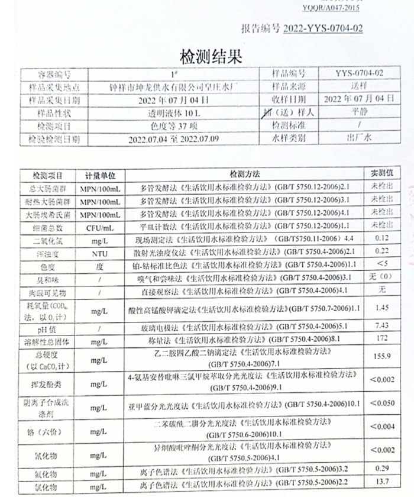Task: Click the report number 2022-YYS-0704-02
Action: pos(324,28)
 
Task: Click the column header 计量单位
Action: pos(103,176)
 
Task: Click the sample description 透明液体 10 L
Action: pos(174,112)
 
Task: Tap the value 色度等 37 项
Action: pos(174,125)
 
